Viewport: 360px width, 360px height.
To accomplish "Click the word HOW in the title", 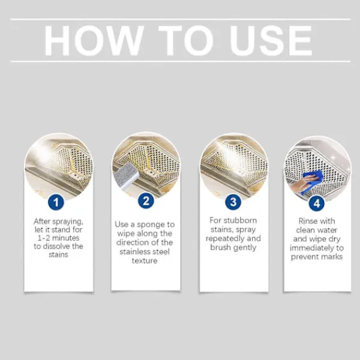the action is [x=94, y=41].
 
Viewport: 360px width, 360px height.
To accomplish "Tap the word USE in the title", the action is [x=272, y=41].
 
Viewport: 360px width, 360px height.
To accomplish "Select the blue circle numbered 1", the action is [x=56, y=202].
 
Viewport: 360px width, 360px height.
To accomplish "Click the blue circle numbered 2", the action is [x=146, y=200].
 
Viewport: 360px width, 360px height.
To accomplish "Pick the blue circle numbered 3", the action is [x=233, y=202].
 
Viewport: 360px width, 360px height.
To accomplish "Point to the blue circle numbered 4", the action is [x=317, y=203].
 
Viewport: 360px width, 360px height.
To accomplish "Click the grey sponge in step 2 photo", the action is [x=127, y=176].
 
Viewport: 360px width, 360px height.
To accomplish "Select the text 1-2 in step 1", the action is [x=44, y=238].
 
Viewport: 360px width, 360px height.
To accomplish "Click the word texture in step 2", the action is [x=145, y=261].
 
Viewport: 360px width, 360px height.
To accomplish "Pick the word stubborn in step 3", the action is [x=240, y=220].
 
